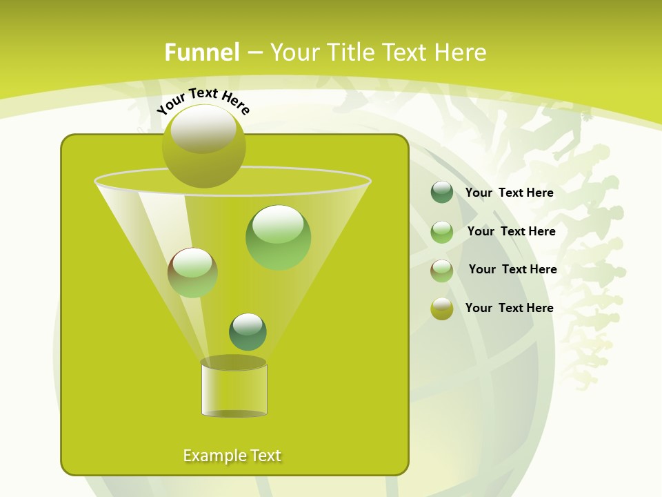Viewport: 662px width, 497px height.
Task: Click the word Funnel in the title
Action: click(x=201, y=52)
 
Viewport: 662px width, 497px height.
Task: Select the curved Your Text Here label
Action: click(x=203, y=101)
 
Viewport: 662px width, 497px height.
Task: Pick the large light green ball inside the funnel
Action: click(x=278, y=238)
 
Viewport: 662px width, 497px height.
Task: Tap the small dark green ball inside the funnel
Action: click(x=248, y=332)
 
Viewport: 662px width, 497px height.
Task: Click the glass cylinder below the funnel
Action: click(x=234, y=388)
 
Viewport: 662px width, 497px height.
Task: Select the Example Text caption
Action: click(x=232, y=456)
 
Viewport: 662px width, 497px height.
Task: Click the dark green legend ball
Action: click(x=442, y=193)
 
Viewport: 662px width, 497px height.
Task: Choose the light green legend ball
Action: click(x=442, y=232)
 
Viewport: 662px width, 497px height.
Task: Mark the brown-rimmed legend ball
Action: click(x=442, y=271)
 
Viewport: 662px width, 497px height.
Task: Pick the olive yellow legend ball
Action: click(x=442, y=309)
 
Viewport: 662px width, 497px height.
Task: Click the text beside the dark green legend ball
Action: click(x=509, y=193)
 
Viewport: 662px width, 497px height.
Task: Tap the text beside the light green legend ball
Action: click(x=511, y=231)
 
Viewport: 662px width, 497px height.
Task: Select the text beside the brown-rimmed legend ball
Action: click(x=512, y=269)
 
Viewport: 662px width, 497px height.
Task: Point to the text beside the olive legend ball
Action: click(x=509, y=308)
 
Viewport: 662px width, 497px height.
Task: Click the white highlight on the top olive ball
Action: click(x=203, y=130)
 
